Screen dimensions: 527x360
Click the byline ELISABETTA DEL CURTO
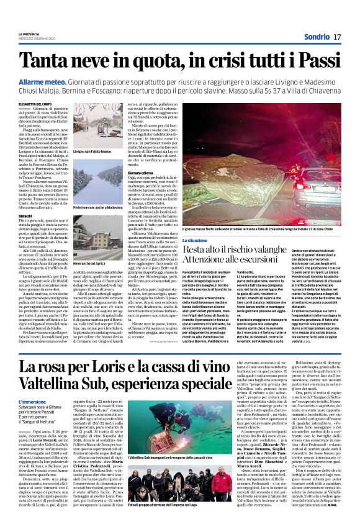click(x=35, y=104)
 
